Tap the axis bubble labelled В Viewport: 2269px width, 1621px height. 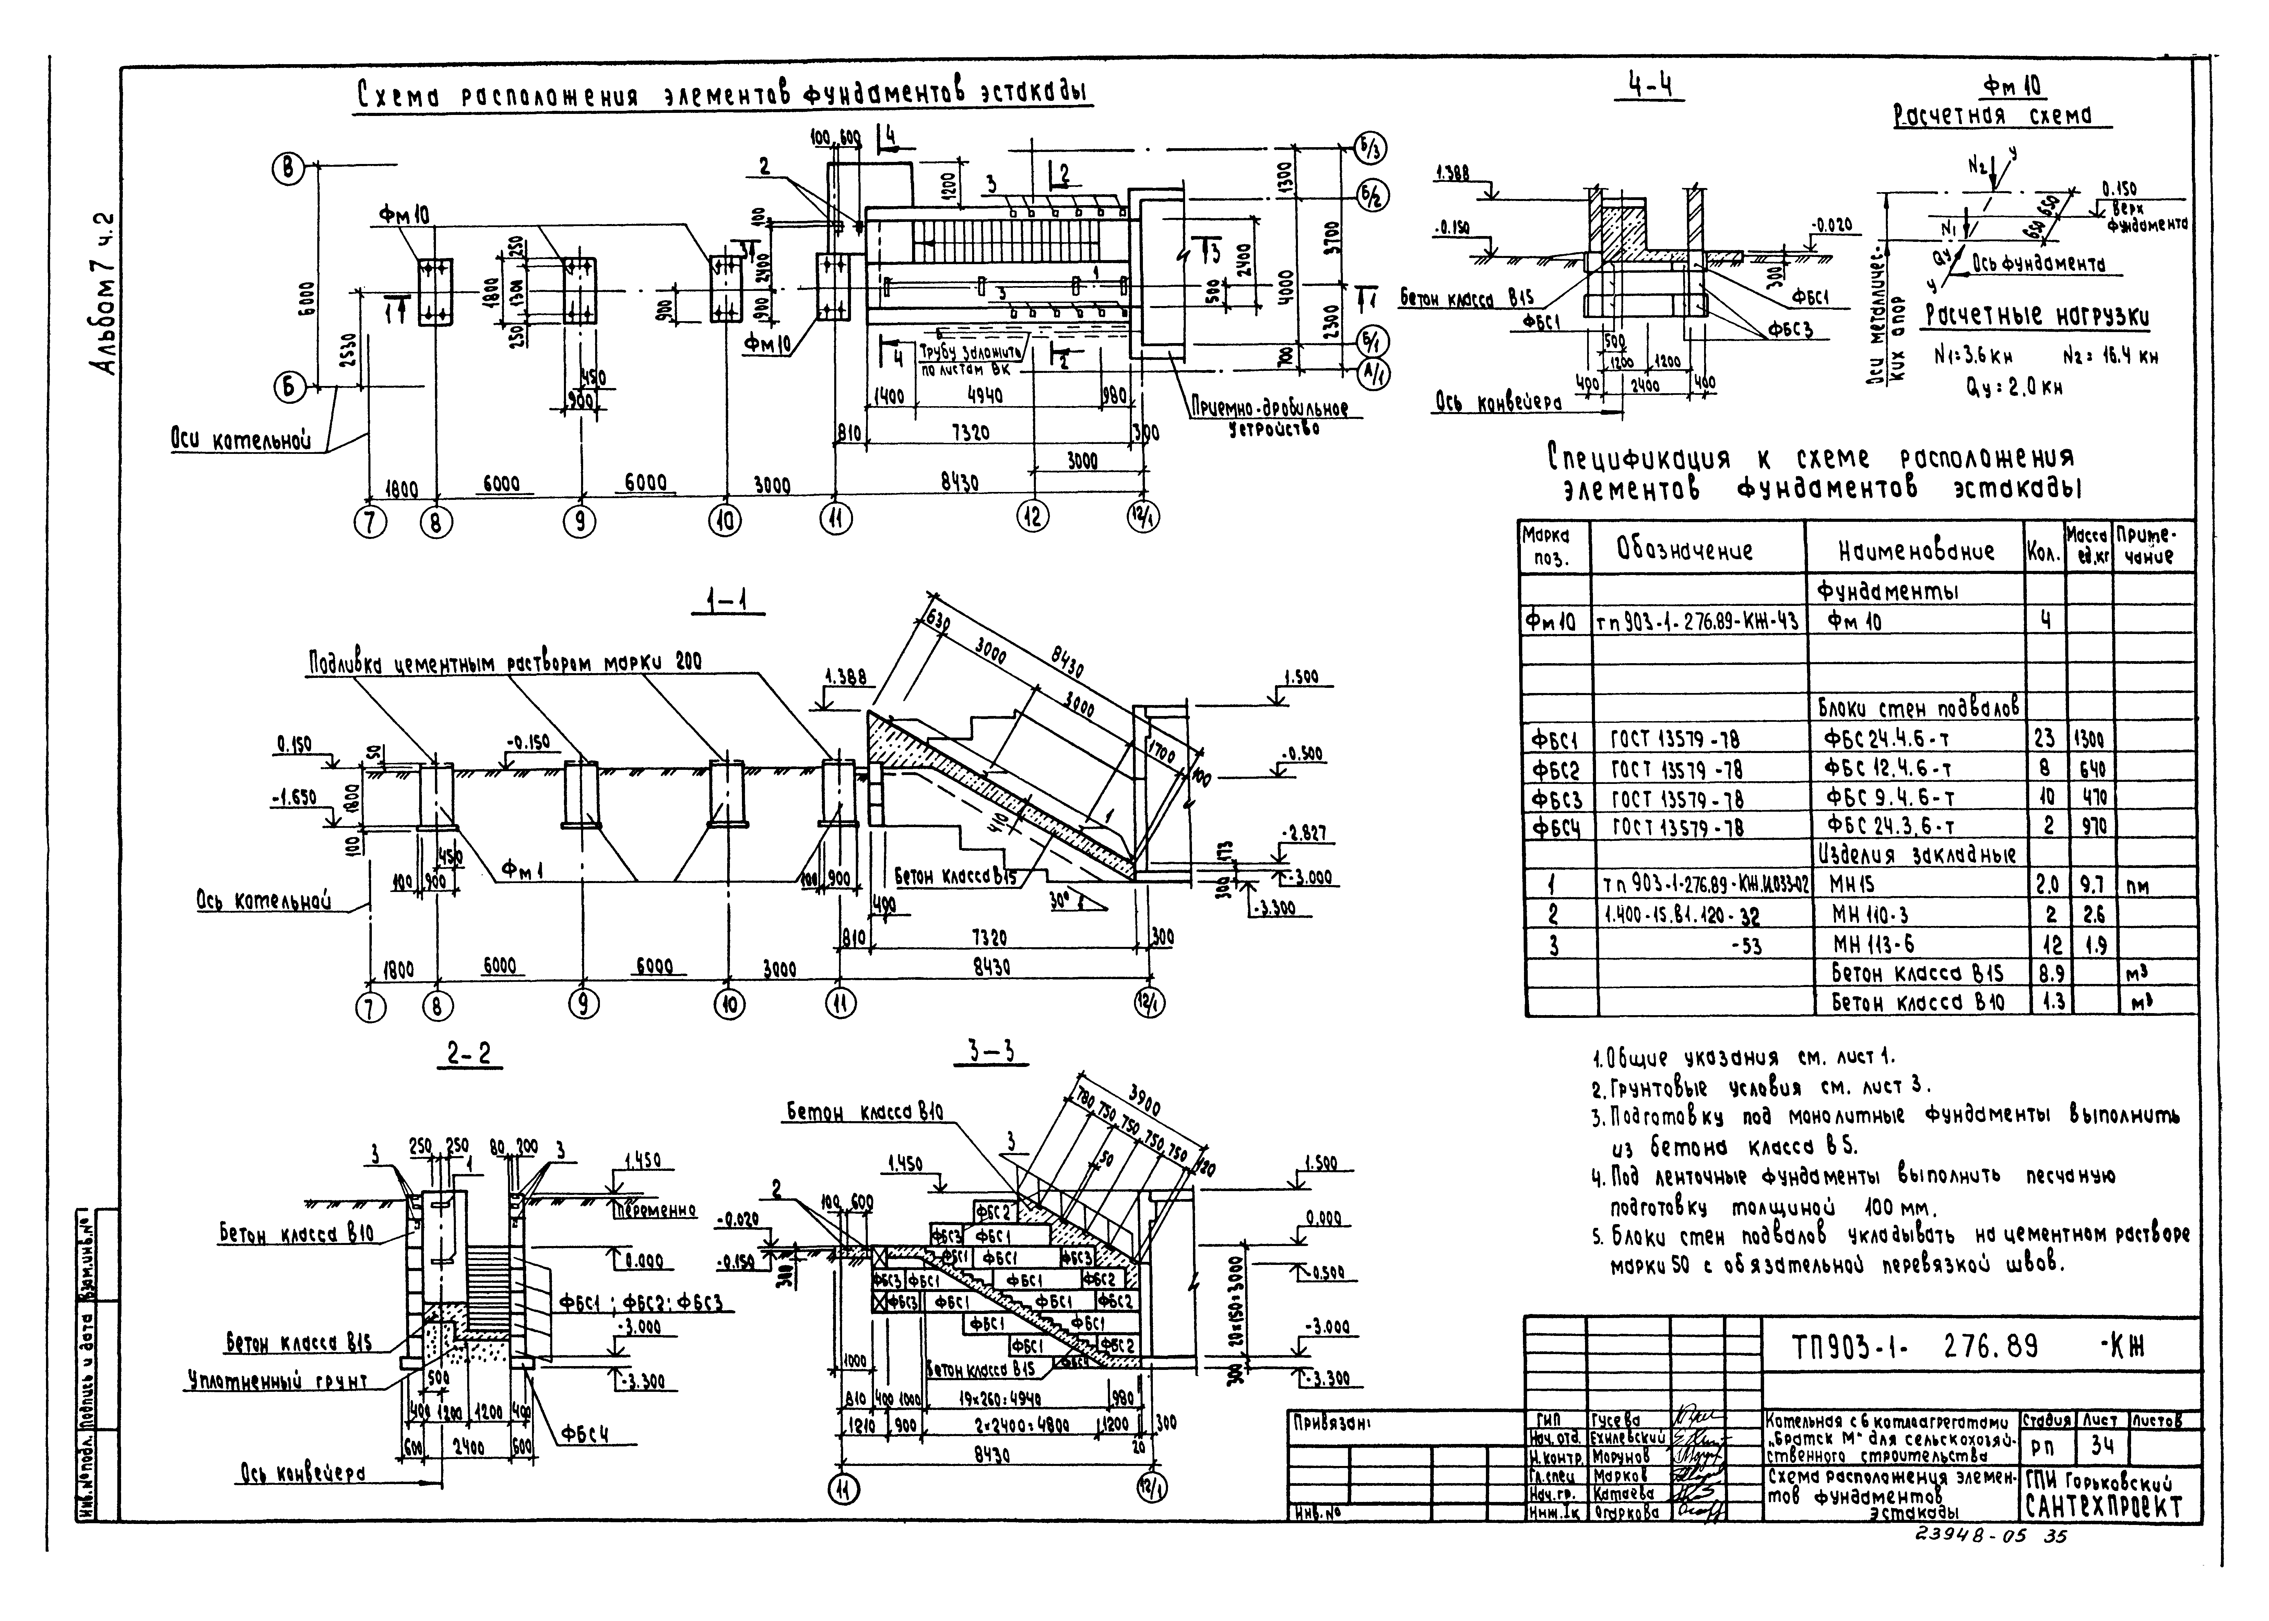click(288, 170)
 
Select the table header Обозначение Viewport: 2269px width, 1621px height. click(1696, 550)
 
